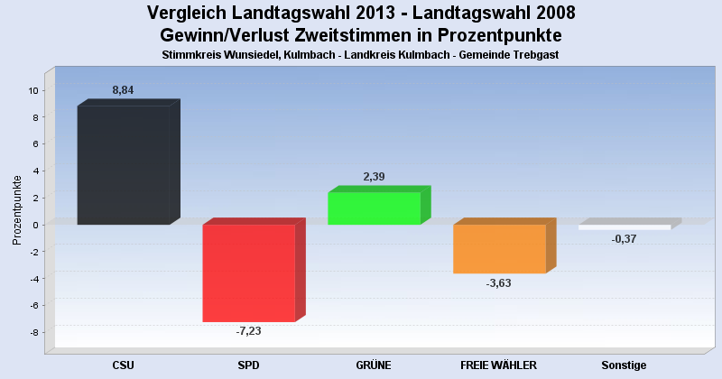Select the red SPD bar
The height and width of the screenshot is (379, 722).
pyautogui.click(x=248, y=273)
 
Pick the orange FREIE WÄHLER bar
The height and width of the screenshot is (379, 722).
pyautogui.click(x=499, y=248)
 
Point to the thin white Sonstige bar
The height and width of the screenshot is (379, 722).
pyautogui.click(x=625, y=227)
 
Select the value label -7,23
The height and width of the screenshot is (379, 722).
pyautogui.click(x=248, y=332)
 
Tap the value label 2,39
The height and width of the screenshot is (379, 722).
pyautogui.click(x=374, y=177)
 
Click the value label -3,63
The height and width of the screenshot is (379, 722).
pyautogui.click(x=499, y=283)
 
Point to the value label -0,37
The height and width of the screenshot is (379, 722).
pyautogui.click(x=624, y=239)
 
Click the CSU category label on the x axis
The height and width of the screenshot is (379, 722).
pyautogui.click(x=123, y=365)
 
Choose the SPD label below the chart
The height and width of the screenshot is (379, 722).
pyautogui.click(x=248, y=365)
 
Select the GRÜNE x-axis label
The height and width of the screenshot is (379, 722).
pyautogui.click(x=374, y=365)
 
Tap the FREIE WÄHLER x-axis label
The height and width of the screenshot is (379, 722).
pyautogui.click(x=498, y=365)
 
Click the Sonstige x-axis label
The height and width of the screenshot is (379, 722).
pyautogui.click(x=624, y=365)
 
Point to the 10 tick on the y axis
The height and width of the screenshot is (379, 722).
pyautogui.click(x=32, y=90)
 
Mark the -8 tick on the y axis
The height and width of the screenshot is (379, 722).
pyautogui.click(x=32, y=332)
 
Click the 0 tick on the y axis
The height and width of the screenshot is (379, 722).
pyautogui.click(x=34, y=225)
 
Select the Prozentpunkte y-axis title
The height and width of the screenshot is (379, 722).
pyautogui.click(x=16, y=209)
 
